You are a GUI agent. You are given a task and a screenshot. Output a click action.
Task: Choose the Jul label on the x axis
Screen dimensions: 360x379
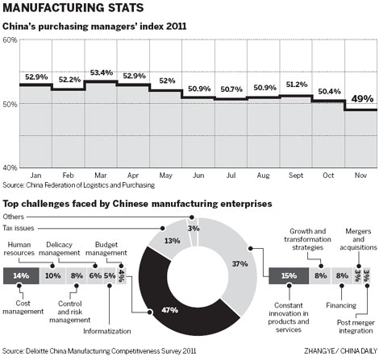click(x=231, y=174)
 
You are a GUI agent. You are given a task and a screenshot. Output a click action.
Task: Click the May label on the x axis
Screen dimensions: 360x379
click(x=166, y=174)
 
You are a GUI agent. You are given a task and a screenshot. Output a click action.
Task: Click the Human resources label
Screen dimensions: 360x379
click(x=21, y=249)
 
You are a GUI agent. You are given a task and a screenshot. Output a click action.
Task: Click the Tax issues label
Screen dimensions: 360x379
click(x=31, y=228)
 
